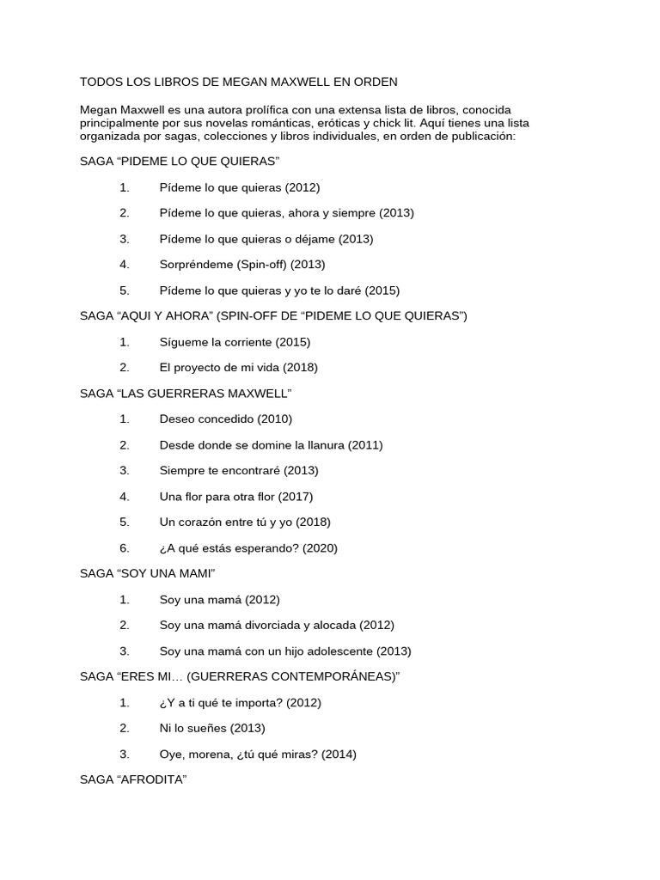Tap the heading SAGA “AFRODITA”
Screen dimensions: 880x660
tap(133, 780)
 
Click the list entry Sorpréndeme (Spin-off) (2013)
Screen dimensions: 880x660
tap(242, 265)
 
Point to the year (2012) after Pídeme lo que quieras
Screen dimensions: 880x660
tap(302, 187)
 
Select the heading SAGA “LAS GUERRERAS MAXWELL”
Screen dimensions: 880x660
tap(186, 394)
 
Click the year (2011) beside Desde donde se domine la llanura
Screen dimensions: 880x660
tap(365, 445)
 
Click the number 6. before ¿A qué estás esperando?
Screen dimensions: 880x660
tap(125, 548)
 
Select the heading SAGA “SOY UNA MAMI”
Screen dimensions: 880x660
tap(147, 574)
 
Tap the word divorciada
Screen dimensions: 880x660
tap(264, 626)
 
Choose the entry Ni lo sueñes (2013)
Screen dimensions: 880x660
tap(212, 729)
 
